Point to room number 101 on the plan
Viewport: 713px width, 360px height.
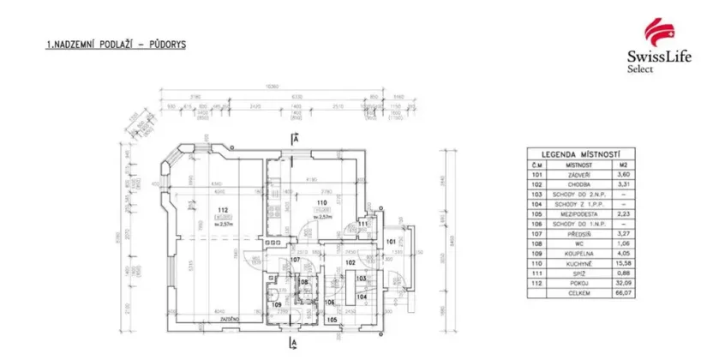pyautogui.click(x=392, y=243)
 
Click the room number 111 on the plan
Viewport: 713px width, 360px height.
pyautogui.click(x=362, y=224)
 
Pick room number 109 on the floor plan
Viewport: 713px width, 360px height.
pyautogui.click(x=276, y=304)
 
